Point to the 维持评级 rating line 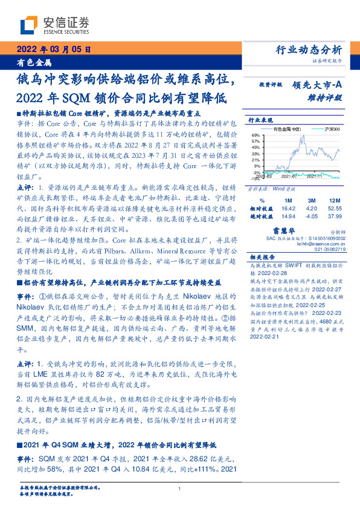tap(327, 97)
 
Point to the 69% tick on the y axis tap(256, 135)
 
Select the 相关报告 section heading tap(261, 258)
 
